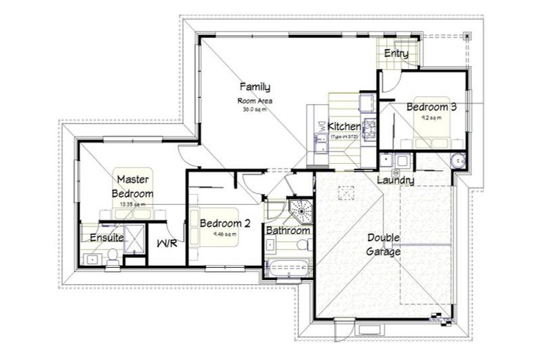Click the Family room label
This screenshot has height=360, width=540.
(x=255, y=87)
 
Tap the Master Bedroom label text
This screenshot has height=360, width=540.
(x=134, y=186)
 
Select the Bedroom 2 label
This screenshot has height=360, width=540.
(x=224, y=224)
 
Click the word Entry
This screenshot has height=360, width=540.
(x=396, y=54)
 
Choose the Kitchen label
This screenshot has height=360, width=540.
(x=345, y=127)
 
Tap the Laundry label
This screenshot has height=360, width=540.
(x=395, y=181)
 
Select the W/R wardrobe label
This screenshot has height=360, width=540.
(x=166, y=244)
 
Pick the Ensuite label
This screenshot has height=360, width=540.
(x=107, y=238)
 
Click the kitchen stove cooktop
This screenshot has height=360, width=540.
(x=369, y=129)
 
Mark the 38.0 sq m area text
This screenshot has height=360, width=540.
(x=254, y=110)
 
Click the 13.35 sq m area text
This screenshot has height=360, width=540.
(x=134, y=205)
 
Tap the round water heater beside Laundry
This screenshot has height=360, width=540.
(x=456, y=160)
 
